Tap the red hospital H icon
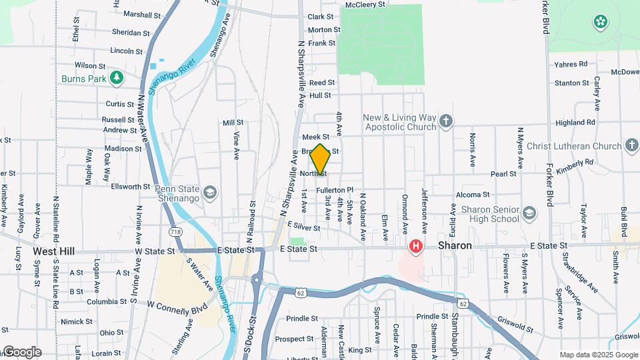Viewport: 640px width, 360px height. (x=417, y=247)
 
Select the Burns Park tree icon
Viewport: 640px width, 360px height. (x=117, y=78)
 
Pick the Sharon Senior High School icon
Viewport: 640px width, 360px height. (x=529, y=213)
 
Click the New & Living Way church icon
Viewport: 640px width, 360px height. (x=446, y=122)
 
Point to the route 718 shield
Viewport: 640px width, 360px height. (x=175, y=231)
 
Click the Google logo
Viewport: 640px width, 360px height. (x=21, y=352)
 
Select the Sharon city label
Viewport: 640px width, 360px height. (x=455, y=246)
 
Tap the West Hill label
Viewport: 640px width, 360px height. (x=53, y=251)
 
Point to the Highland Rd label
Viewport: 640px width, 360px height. (x=575, y=123)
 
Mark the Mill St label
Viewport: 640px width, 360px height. (x=233, y=123)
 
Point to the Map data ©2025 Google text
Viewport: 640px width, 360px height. (x=598, y=355)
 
